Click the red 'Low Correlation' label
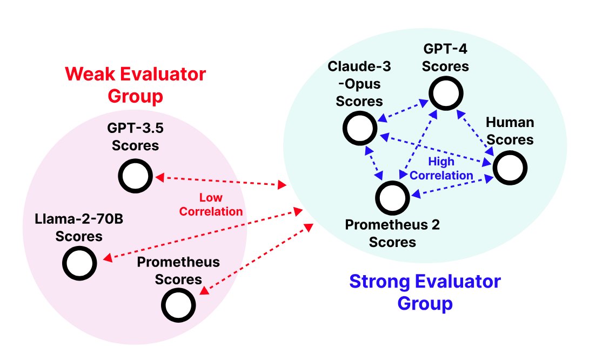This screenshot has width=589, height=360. tap(211, 204)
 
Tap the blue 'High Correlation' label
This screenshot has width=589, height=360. tap(441, 168)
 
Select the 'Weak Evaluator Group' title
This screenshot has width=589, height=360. tap(135, 85)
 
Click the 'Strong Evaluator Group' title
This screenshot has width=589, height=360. tap(425, 292)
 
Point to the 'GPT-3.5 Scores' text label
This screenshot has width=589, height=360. tap(135, 136)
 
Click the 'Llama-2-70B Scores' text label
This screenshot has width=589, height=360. tap(79, 228)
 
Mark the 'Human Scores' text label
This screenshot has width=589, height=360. tap(510, 131)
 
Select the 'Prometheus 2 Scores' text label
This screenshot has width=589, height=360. tap(392, 233)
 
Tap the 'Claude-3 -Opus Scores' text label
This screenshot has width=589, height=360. tap(359, 83)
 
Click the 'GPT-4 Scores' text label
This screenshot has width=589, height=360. tap(445, 57)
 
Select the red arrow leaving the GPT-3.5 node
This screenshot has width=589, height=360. tap(221, 181)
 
